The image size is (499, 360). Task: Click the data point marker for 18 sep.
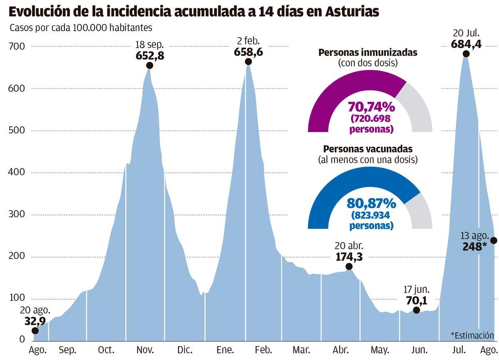(x=150, y=66)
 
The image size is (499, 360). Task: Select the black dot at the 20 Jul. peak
(x=466, y=54)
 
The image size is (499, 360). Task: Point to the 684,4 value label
(x=466, y=43)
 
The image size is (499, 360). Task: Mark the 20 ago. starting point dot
(x=35, y=330)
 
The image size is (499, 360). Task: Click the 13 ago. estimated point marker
(x=494, y=240)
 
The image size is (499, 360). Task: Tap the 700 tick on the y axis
(x=17, y=47)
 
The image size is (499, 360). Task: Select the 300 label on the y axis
(x=17, y=215)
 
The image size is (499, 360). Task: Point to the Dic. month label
(x=185, y=350)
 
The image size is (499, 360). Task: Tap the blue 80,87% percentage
(x=371, y=203)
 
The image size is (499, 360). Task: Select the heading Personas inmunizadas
(x=368, y=53)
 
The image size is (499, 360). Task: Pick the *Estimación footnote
(x=472, y=335)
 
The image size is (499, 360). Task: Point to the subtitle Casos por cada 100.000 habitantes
(x=81, y=28)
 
